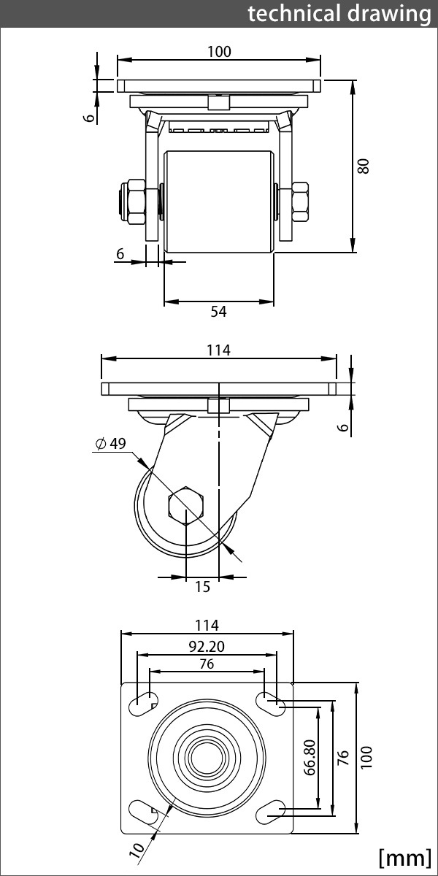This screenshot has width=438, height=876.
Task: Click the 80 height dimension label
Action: [364, 166]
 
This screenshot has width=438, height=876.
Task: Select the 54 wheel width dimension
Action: [218, 311]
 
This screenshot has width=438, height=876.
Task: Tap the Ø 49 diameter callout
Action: [111, 444]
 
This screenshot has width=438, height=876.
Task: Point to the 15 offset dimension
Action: [203, 587]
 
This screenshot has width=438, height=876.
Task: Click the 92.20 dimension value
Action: [207, 647]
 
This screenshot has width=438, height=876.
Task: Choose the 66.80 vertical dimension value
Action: [310, 757]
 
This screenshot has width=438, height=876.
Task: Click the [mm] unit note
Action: [404, 858]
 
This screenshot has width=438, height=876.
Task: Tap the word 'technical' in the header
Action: [293, 13]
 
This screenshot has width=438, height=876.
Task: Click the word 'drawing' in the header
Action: [389, 15]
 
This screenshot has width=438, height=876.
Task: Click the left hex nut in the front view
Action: [134, 201]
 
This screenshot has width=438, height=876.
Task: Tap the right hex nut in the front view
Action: [300, 201]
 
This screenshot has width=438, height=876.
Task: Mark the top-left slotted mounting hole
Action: [143, 704]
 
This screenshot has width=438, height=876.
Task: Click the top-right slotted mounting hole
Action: [271, 704]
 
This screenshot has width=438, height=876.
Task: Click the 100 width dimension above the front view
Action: [219, 52]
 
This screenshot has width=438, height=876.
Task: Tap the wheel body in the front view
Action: [218, 201]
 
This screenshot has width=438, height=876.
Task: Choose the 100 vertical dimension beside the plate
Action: [366, 757]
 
